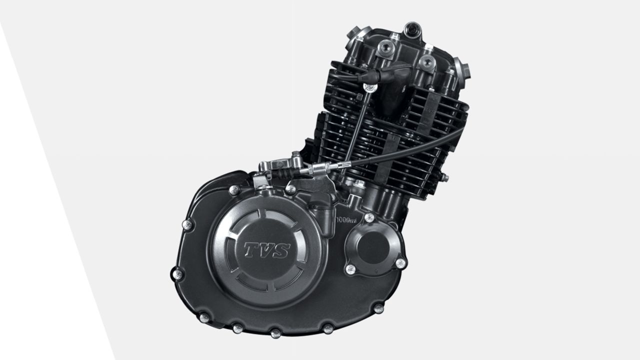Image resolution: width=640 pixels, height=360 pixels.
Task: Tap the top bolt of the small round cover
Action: pos(369,217)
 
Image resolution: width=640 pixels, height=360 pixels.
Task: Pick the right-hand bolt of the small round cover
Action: pos(400,262)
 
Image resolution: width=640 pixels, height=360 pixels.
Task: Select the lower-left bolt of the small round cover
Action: pos(350,269)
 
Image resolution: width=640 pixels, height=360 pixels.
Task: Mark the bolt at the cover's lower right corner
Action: pos(378,308)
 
